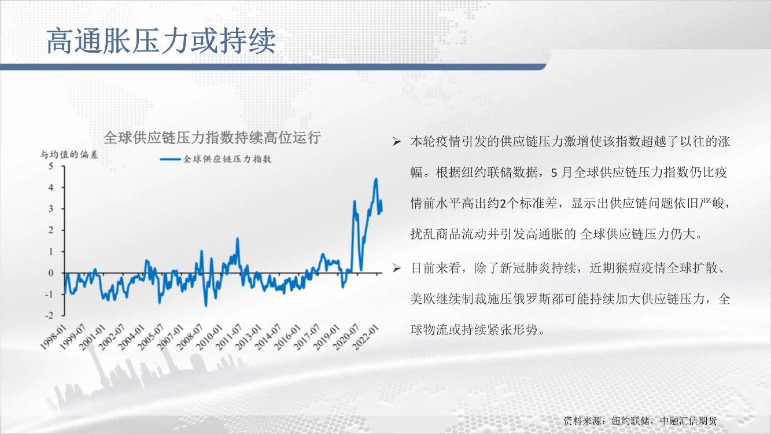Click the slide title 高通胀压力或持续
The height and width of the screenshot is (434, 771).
161,41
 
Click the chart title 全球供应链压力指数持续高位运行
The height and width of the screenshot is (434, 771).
212,138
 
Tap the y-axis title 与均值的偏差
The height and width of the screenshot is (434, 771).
69,155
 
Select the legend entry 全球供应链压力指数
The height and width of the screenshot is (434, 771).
216,159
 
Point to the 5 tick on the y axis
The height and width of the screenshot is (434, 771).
51,167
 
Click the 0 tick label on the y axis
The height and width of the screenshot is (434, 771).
51,273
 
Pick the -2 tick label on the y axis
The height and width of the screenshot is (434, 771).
50,315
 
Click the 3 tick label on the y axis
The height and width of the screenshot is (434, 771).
51,209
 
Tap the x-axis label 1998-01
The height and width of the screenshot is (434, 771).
53,337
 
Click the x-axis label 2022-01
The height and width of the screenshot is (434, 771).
367,337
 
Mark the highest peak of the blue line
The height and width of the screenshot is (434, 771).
376,179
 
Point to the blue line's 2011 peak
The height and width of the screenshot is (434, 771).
238,238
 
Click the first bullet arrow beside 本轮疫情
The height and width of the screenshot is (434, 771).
397,142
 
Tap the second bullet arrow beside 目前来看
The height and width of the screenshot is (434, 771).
397,268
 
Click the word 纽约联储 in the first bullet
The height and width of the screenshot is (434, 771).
488,172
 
